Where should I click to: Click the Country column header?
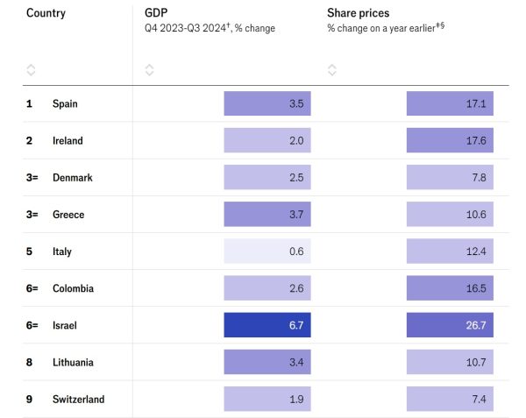[46, 13]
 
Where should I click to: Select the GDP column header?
[156, 13]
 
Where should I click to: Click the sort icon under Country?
[32, 69]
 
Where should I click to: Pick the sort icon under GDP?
[149, 69]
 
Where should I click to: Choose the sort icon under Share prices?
[331, 69]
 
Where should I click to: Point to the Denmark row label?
[73, 178]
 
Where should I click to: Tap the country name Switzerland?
[78, 400]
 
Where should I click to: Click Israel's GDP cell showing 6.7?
[267, 325]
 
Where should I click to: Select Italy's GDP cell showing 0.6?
[267, 252]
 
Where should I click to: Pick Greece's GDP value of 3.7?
[267, 215]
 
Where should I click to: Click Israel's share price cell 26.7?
[450, 325]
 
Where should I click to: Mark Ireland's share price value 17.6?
[450, 141]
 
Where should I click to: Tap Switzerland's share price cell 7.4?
[450, 400]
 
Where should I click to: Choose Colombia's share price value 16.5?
[450, 288]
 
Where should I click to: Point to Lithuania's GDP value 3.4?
[267, 362]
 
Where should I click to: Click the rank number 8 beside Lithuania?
[30, 362]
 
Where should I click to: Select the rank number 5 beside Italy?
[30, 252]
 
